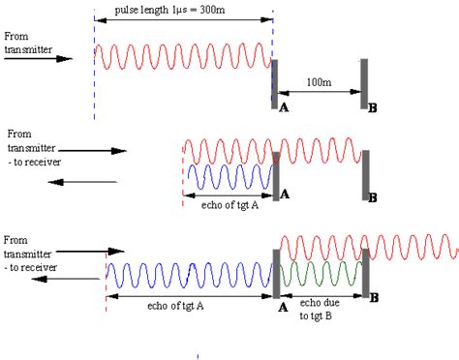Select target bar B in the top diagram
[x=365, y=82]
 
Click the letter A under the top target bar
[x=284, y=110]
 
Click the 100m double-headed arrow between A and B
[x=319, y=93]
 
